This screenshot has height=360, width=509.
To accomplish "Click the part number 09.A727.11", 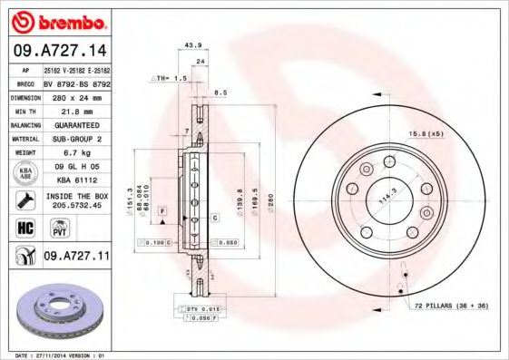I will (75, 257).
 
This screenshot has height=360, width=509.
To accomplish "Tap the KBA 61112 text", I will (75, 180).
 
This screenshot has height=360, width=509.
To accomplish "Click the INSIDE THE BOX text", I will (75, 196).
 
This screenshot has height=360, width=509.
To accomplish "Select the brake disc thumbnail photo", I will (56, 313).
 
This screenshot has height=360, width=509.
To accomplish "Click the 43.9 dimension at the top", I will (192, 44).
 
